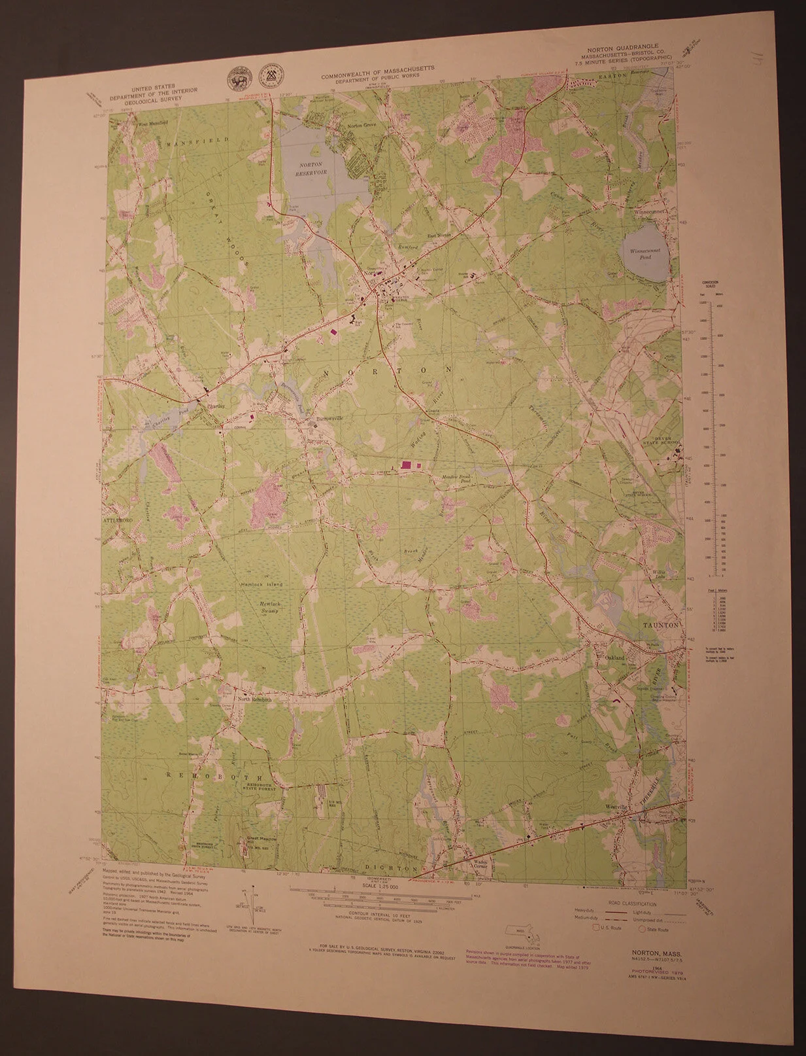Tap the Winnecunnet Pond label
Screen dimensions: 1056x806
click(645, 254)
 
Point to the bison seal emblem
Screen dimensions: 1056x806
click(236, 79)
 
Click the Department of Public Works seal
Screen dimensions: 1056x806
click(270, 77)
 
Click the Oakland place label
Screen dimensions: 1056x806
click(614, 657)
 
